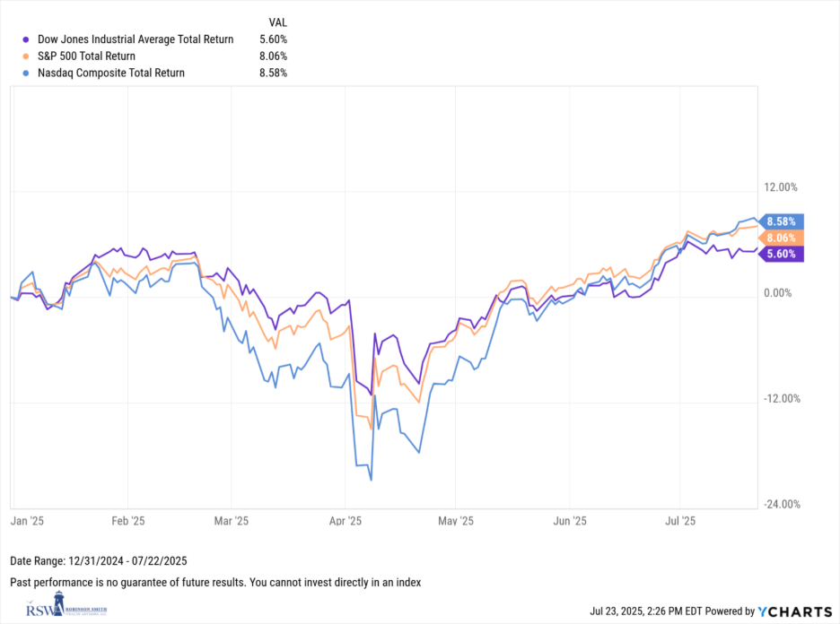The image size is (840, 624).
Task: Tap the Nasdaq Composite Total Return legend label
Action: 110,73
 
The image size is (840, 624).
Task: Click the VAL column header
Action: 278,22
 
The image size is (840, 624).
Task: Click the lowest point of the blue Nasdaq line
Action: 371,480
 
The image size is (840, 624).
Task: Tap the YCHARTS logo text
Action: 797,611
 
